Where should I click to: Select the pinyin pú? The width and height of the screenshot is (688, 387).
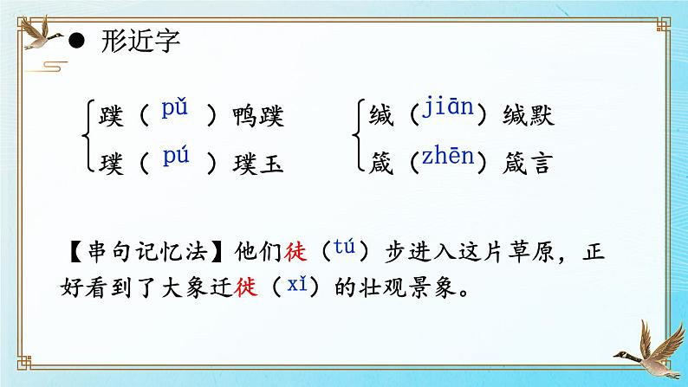click(175, 158)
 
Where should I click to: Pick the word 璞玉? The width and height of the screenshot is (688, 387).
click(258, 162)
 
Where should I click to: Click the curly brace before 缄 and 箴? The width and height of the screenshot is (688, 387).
click(359, 139)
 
